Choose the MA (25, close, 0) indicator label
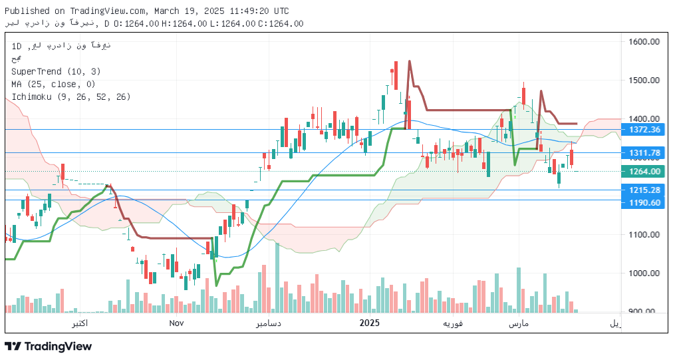click(x=53, y=84)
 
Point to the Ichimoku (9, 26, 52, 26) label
click(x=70, y=96)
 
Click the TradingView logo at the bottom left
click(x=48, y=346)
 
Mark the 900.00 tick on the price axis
click(x=643, y=311)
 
